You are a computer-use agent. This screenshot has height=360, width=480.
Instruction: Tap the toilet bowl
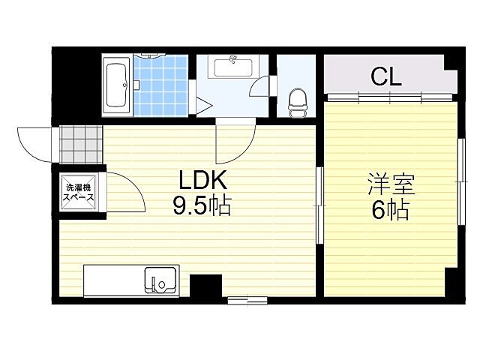[x=297, y=100]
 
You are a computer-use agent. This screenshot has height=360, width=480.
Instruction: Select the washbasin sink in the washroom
[x=235, y=67]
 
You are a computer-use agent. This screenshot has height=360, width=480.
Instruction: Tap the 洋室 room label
[x=391, y=183]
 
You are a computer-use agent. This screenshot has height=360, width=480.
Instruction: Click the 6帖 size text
[x=391, y=211]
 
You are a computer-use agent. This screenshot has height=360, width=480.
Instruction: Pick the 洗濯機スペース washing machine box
[x=79, y=192]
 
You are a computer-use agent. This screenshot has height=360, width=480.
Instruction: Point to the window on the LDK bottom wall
[x=247, y=301]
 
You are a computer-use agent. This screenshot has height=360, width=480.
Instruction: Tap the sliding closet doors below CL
[x=390, y=98]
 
